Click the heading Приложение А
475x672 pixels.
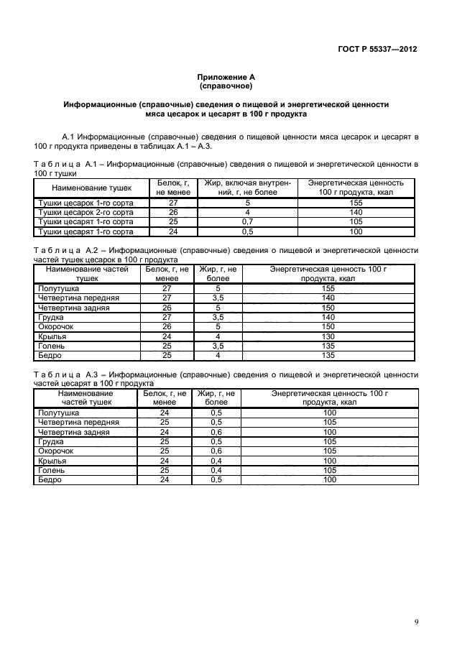coord(226,76)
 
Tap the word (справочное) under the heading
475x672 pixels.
coord(226,86)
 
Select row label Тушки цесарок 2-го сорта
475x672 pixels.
coord(85,213)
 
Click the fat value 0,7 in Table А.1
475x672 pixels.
coord(246,222)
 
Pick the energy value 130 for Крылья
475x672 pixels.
coord(328,336)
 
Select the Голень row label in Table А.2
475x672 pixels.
coord(51,346)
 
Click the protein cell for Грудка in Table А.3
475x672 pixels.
coord(165,442)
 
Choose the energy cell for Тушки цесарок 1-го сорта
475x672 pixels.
coord(356,203)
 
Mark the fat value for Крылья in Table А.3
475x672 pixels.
coord(216,461)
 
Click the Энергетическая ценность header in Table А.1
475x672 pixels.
coord(356,188)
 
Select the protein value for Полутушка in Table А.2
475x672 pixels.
coord(167,287)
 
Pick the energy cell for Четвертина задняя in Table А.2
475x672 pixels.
coord(328,307)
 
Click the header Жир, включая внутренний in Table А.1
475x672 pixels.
coord(246,188)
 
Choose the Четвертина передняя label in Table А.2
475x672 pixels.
coord(78,298)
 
